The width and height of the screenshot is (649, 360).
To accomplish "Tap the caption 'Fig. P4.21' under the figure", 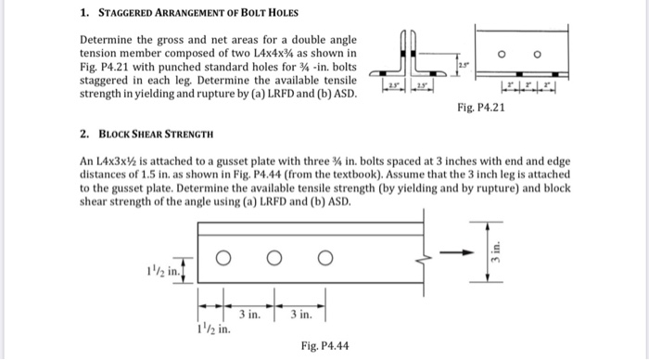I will click(x=481, y=108).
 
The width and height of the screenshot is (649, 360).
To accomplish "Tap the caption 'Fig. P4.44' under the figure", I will click(x=324, y=345).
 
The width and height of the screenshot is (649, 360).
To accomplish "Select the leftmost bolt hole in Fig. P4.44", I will click(x=223, y=259).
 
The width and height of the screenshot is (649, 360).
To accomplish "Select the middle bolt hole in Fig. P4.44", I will click(x=274, y=259).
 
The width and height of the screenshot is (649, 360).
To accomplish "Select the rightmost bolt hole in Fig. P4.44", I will click(x=324, y=259).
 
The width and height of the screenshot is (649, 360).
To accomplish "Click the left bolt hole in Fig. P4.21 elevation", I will click(x=501, y=55).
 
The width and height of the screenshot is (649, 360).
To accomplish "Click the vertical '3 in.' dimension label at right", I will click(x=497, y=249).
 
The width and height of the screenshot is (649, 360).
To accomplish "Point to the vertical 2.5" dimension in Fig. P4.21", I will click(x=460, y=62).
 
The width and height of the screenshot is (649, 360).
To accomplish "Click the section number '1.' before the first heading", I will click(x=83, y=14).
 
